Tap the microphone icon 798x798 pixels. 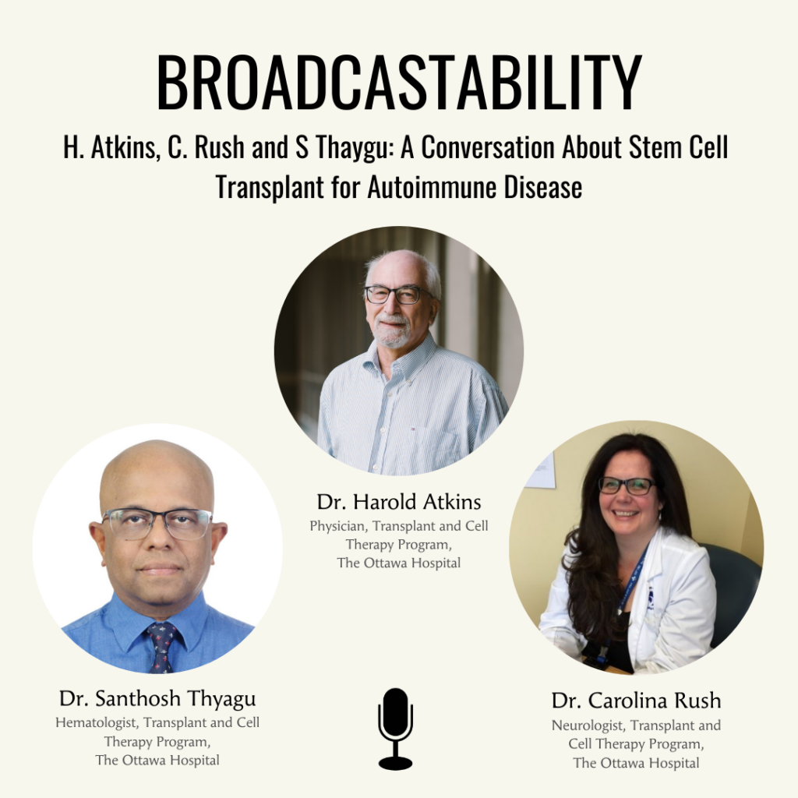[395, 729]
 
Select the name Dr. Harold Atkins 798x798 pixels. [399, 502]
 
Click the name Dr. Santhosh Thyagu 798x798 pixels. [157, 699]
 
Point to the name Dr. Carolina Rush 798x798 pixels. [636, 701]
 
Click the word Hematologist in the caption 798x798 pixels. [96, 722]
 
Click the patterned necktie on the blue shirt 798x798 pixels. [162, 646]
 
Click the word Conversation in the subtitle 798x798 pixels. [488, 147]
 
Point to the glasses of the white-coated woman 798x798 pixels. [626, 486]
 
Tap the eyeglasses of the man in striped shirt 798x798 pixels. [398, 295]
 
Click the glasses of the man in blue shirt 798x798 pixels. [157, 524]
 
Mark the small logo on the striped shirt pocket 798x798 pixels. [412, 429]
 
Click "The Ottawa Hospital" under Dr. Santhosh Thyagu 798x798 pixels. [157, 761]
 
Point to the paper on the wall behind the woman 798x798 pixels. [541, 471]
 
